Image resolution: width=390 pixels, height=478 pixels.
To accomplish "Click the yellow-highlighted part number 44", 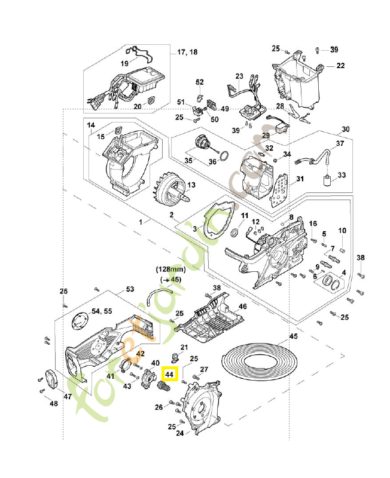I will click(x=170, y=374).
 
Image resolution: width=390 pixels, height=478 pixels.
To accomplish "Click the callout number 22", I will click(x=340, y=66).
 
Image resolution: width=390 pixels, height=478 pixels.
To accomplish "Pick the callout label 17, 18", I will click(x=187, y=52).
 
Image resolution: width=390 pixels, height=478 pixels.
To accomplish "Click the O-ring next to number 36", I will click(x=223, y=156).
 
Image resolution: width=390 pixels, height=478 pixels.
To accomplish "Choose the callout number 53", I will click(x=130, y=289).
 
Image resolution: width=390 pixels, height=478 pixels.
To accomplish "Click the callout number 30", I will click(x=345, y=130).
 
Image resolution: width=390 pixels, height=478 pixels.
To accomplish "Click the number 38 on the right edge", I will click(x=361, y=258).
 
